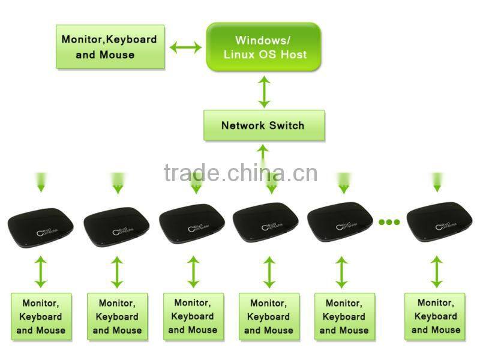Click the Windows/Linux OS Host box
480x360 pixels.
tap(263, 47)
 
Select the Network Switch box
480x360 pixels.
tap(263, 125)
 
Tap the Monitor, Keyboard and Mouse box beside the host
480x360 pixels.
tap(109, 47)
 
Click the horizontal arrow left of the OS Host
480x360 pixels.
tap(185, 47)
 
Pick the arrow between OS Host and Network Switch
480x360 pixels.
tap(263, 91)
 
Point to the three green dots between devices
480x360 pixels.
tap(389, 222)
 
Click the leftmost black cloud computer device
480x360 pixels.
tap(41, 226)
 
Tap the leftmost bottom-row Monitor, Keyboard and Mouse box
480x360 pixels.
tap(41, 317)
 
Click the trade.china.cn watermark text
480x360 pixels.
tap(240, 173)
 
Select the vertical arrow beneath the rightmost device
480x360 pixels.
tap(437, 272)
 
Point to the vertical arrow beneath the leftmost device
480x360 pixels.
tap(41, 272)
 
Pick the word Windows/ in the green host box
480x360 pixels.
tap(263, 40)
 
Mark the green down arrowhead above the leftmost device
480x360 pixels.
tap(41, 188)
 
